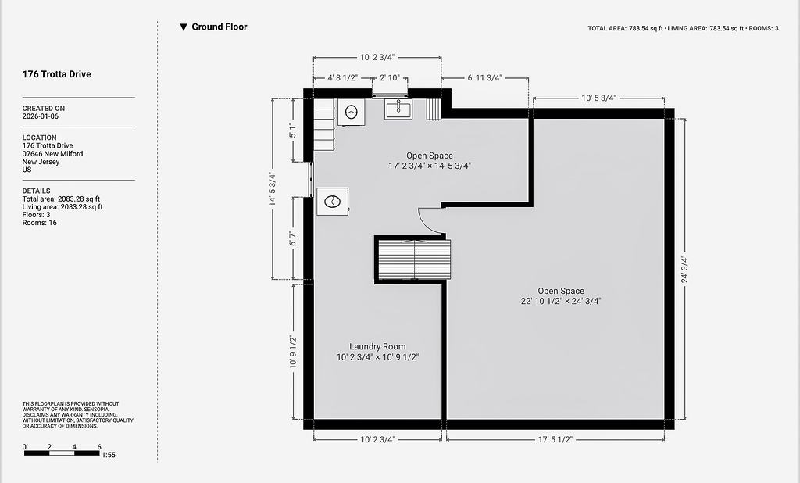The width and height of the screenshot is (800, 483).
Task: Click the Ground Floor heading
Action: coord(220,27)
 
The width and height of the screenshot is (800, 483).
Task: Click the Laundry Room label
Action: coord(377,347)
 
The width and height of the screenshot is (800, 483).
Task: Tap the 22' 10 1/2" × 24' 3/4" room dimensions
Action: coord(561,301)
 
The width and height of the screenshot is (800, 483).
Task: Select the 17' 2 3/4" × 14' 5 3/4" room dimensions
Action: coord(430,166)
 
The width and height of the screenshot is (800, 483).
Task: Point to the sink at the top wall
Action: coord(398,109)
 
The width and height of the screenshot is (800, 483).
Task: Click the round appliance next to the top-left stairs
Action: coord(351,113)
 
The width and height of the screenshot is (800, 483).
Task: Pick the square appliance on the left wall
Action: coord(333,202)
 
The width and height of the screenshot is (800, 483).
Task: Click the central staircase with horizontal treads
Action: coord(414,259)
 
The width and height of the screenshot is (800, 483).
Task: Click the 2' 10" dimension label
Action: coord(390,78)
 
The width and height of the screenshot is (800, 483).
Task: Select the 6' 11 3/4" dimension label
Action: coord(484,78)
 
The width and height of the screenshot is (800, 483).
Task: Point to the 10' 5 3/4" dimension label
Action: coord(599,98)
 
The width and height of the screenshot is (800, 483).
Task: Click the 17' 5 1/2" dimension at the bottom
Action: coord(555,439)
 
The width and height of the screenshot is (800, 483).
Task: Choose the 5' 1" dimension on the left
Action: coord(292,131)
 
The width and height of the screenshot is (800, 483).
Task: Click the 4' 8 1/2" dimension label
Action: coord(343,78)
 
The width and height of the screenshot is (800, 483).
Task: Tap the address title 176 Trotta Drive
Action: coord(56,74)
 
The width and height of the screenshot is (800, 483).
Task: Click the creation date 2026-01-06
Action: coord(41,116)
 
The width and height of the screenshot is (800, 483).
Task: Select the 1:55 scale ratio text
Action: coord(109,455)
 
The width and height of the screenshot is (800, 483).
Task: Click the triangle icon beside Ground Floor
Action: coord(184,27)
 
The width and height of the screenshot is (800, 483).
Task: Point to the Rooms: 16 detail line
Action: coord(39,223)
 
